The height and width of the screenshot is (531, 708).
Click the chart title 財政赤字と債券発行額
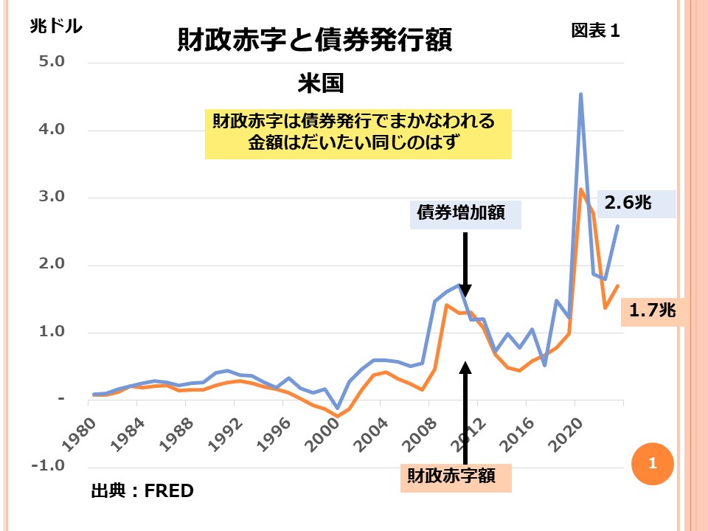coord(314,40)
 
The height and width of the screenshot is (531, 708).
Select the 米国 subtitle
coord(321,83)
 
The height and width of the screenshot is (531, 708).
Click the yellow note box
coord(358,134)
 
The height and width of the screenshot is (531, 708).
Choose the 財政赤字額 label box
coord(456,478)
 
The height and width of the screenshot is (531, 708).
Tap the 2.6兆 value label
coord(629,203)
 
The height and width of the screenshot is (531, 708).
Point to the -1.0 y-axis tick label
coord(48,467)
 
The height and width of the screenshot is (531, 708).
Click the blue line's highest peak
coord(581,94)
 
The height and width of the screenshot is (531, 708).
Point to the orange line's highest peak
coord(581,190)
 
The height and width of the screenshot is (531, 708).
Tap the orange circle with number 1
coord(652,464)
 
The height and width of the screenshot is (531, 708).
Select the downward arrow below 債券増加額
coord(466,265)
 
